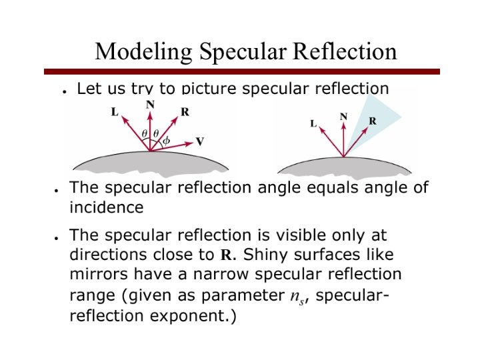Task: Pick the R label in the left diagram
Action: (x=185, y=111)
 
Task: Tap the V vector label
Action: (x=200, y=141)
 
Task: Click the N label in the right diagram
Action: (x=343, y=116)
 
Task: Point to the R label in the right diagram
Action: (x=373, y=121)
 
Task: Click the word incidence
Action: (x=106, y=207)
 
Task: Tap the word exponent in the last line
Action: (x=187, y=315)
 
